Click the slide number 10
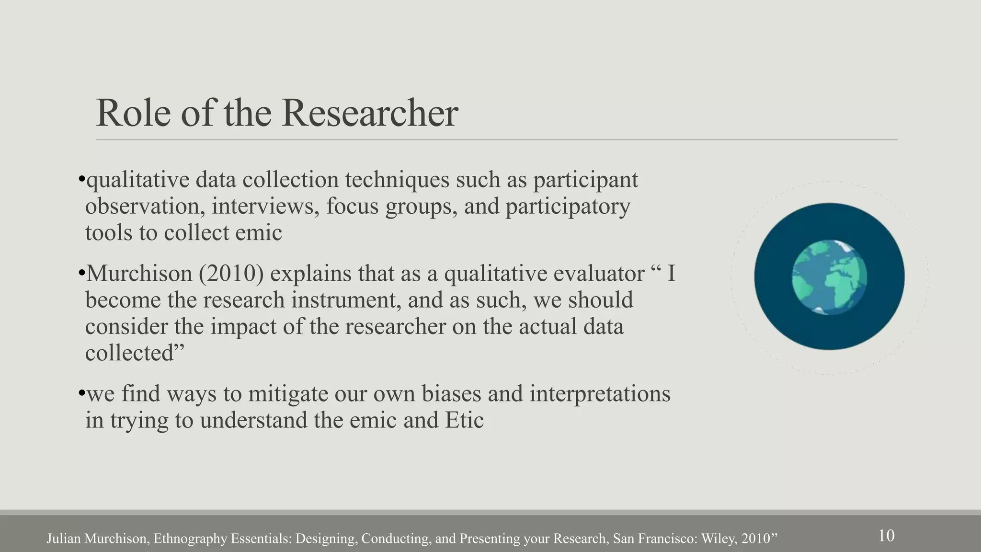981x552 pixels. pyautogui.click(x=886, y=535)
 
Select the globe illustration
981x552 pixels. pyautogui.click(x=829, y=277)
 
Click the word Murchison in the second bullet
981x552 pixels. pyautogui.click(x=139, y=274)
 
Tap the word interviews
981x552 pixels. pyautogui.click(x=266, y=207)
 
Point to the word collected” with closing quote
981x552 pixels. pyautogui.click(x=135, y=354)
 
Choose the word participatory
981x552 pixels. pyautogui.click(x=568, y=207)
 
